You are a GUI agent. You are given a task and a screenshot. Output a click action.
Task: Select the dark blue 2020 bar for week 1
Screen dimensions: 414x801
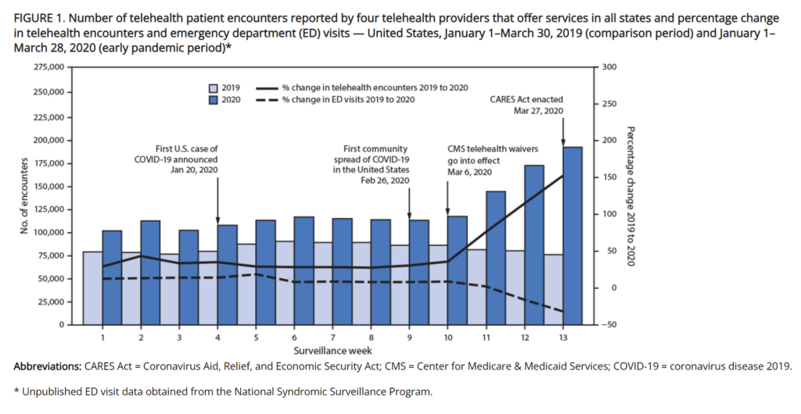(112, 277)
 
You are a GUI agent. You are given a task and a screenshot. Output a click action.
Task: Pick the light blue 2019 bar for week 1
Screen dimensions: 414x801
(92, 287)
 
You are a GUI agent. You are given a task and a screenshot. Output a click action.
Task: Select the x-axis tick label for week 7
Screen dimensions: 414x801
(333, 337)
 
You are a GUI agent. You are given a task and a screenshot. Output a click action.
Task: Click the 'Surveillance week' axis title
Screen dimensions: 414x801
(333, 350)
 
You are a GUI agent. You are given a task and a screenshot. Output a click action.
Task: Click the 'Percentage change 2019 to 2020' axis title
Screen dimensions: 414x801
(630, 195)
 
